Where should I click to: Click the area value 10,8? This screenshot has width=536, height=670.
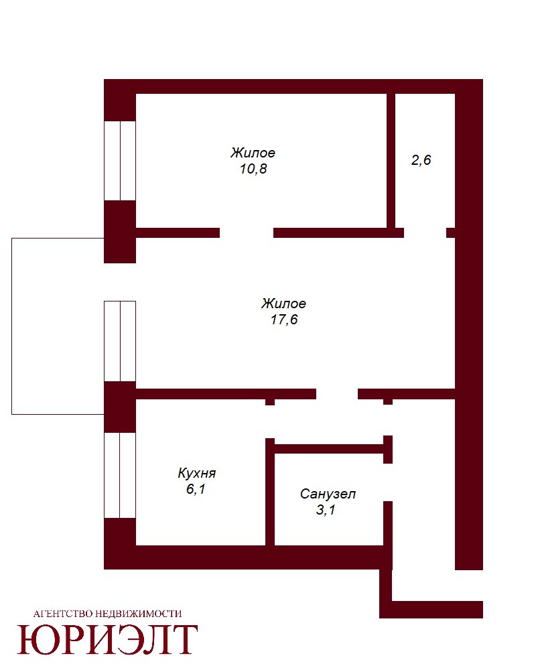click(x=253, y=169)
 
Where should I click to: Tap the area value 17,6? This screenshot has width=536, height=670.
click(x=284, y=320)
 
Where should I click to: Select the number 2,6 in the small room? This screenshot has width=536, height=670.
click(x=421, y=160)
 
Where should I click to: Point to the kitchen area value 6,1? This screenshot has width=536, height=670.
click(x=196, y=489)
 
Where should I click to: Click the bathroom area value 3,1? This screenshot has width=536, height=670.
click(x=326, y=510)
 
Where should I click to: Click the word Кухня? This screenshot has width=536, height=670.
click(x=196, y=473)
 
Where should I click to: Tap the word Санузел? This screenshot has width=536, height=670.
click(x=328, y=494)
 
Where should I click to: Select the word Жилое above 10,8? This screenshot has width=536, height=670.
click(x=253, y=153)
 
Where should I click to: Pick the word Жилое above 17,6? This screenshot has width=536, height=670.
click(x=284, y=304)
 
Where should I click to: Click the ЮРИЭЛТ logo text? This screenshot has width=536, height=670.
click(x=107, y=640)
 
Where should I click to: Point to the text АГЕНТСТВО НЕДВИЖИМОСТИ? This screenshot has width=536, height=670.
click(x=107, y=614)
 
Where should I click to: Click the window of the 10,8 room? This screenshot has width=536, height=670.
click(x=120, y=161)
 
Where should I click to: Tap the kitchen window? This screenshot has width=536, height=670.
click(x=120, y=475)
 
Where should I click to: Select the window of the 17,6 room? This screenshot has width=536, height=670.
click(x=120, y=341)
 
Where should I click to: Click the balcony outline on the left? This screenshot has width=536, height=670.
click(x=11, y=326)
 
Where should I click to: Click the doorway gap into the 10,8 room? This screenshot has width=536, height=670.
click(x=247, y=233)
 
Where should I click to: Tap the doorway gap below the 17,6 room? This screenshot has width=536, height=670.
click(x=337, y=394)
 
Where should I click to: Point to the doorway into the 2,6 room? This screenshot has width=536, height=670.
click(x=425, y=233)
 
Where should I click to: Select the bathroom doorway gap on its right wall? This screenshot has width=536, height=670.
click(x=388, y=482)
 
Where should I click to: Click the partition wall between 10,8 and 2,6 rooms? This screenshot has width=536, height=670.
click(x=391, y=161)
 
